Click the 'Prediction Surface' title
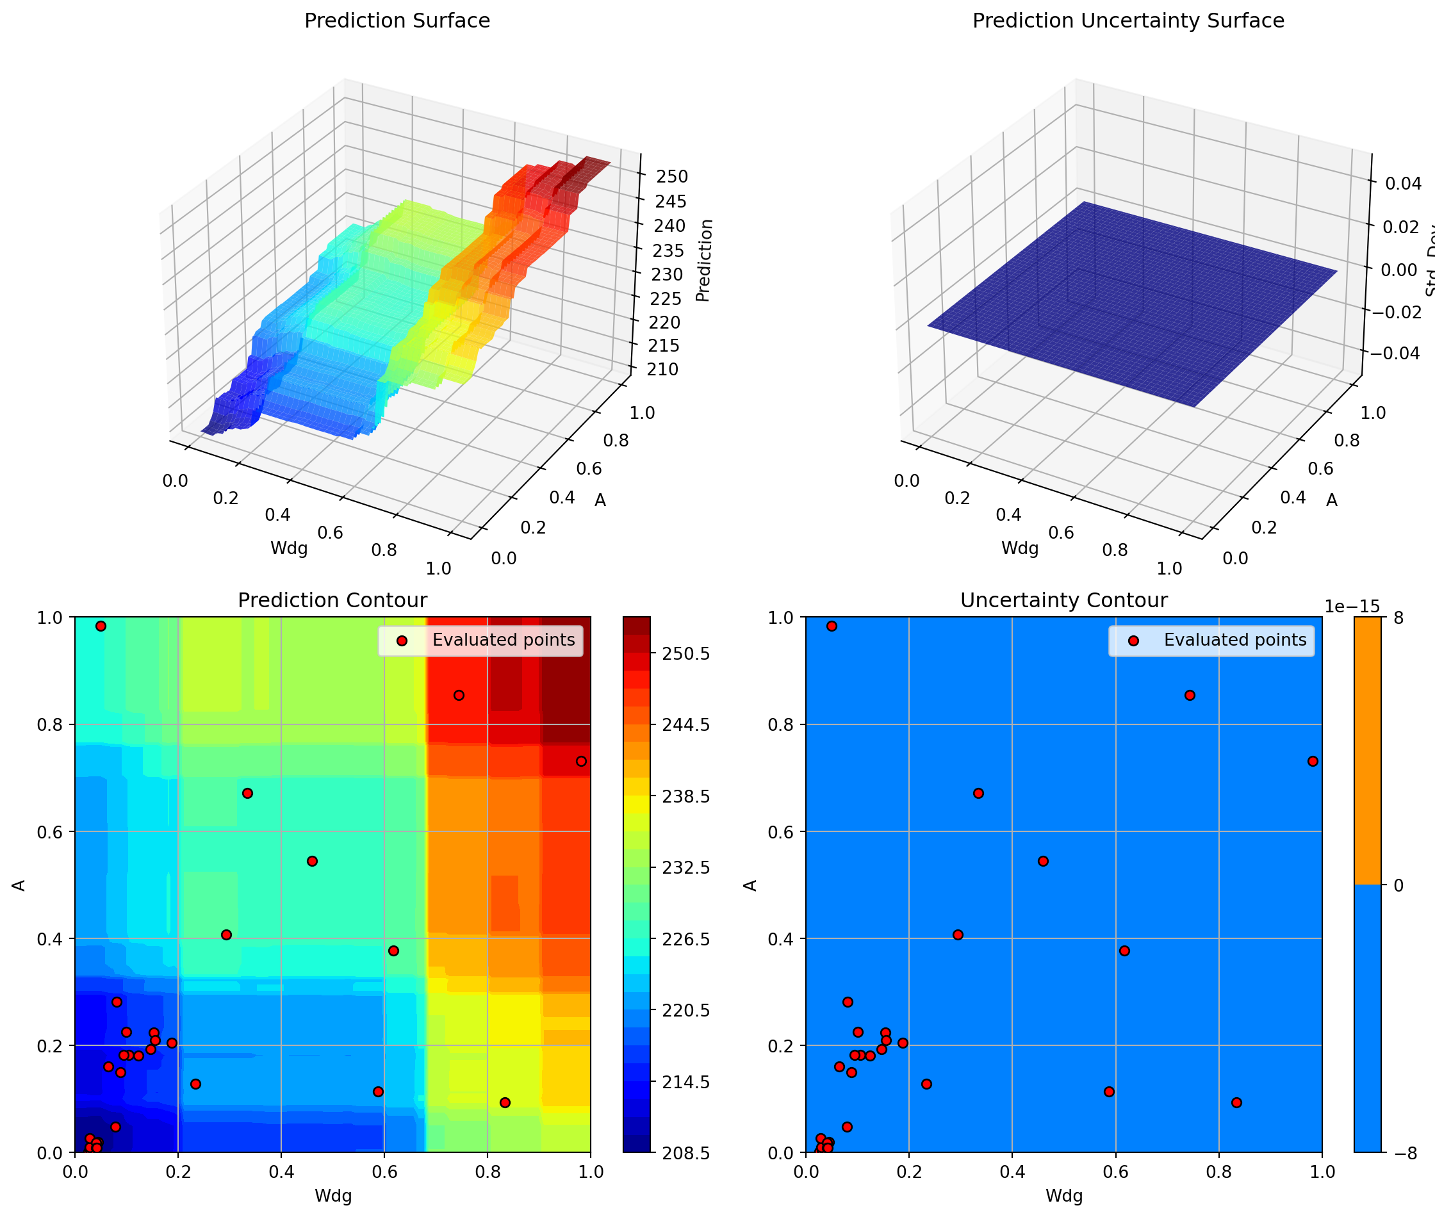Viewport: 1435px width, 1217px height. pyautogui.click(x=397, y=20)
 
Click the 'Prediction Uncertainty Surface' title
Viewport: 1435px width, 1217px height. pyautogui.click(x=1128, y=20)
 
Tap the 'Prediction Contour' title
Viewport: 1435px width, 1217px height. pyautogui.click(x=332, y=600)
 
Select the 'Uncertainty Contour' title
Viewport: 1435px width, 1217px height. pyautogui.click(x=1063, y=600)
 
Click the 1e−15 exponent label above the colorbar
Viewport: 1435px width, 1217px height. pyautogui.click(x=1352, y=607)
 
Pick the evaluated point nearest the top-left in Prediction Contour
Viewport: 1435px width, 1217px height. pyautogui.click(x=101, y=626)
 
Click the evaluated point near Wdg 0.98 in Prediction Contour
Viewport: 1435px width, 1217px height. pyautogui.click(x=581, y=761)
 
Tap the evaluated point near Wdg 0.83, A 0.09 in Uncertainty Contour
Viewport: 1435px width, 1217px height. pyautogui.click(x=1236, y=1102)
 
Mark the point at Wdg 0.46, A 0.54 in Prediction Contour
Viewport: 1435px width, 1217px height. pyautogui.click(x=312, y=861)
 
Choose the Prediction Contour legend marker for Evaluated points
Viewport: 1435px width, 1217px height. pyautogui.click(x=402, y=641)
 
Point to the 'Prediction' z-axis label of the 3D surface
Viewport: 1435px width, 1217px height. pyautogui.click(x=703, y=260)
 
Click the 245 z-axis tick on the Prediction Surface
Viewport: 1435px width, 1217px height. pyautogui.click(x=671, y=202)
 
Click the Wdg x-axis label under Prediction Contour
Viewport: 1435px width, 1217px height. pyautogui.click(x=332, y=1196)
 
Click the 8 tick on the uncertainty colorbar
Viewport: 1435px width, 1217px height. pyautogui.click(x=1399, y=617)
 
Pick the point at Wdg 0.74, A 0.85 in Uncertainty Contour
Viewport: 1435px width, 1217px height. pyautogui.click(x=1190, y=695)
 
